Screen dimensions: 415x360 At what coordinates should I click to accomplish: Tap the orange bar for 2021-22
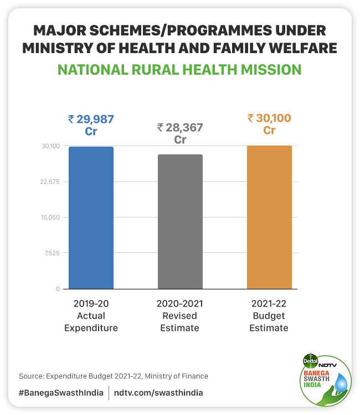(x=269, y=217)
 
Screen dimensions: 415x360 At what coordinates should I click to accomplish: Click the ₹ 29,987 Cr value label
(x=91, y=125)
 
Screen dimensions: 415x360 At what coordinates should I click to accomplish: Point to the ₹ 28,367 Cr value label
(x=180, y=133)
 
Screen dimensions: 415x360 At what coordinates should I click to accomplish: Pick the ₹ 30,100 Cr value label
(x=269, y=124)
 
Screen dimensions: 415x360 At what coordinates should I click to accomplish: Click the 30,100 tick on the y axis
(x=50, y=146)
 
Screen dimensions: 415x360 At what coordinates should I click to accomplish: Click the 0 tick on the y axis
(x=58, y=289)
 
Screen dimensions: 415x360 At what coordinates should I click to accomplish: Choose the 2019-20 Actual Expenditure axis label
(x=91, y=315)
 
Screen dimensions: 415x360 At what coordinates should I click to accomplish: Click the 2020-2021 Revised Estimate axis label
(x=180, y=315)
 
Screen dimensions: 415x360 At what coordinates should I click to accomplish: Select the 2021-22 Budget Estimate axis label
(x=269, y=315)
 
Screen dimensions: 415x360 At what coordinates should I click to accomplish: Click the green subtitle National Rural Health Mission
(x=180, y=70)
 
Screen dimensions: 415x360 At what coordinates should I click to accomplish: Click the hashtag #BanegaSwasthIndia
(x=61, y=392)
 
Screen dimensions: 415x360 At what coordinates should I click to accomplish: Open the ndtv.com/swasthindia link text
(x=158, y=392)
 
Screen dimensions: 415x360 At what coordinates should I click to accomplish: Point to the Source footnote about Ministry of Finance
(x=114, y=376)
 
